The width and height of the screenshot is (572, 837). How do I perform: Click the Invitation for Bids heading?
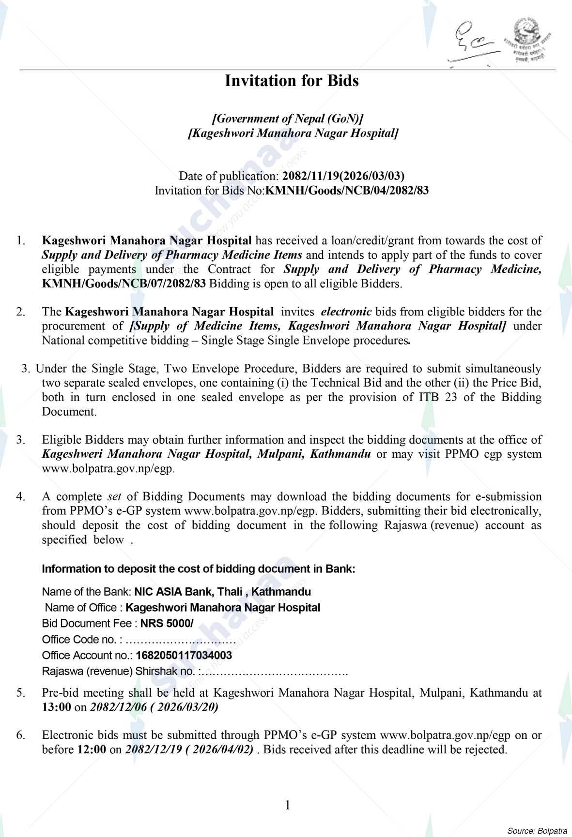point(292,81)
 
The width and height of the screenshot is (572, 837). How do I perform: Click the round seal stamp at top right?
point(526,41)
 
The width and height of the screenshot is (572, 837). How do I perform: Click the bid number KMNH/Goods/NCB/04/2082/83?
point(347,191)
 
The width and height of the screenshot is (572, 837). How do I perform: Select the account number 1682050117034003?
point(184,656)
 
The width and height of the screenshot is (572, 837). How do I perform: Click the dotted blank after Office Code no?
point(180,640)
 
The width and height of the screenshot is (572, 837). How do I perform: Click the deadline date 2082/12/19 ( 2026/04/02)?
point(189,750)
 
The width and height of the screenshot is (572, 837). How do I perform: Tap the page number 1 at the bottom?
point(288,805)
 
